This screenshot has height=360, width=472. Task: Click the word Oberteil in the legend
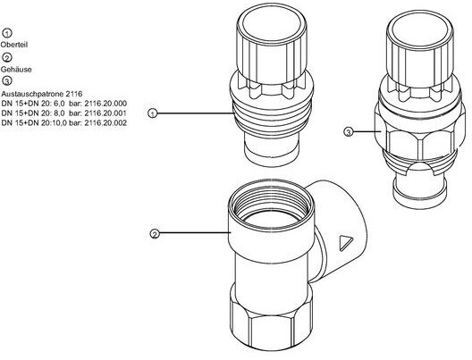(x=14, y=45)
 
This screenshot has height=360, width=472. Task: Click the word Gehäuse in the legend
(x=16, y=70)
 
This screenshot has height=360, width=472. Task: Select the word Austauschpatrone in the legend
(x=32, y=94)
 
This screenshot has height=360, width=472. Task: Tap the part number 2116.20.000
(x=105, y=104)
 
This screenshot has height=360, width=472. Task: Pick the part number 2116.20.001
(x=105, y=113)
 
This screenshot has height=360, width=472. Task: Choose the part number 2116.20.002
(x=105, y=122)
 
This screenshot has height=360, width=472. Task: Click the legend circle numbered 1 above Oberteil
(x=7, y=33)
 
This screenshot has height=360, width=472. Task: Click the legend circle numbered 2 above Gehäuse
(x=7, y=57)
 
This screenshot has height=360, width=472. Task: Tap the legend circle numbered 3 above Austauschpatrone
(x=7, y=81)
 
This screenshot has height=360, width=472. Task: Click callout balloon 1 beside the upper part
(x=153, y=113)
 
